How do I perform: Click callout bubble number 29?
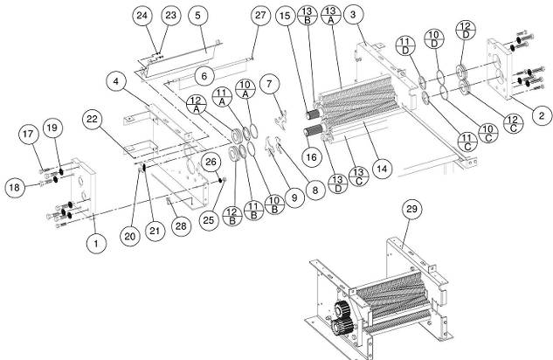(x=411, y=210)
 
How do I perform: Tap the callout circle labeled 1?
(x=95, y=245)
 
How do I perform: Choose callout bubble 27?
(x=259, y=16)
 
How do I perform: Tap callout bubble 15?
(x=285, y=15)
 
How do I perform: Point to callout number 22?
(x=95, y=118)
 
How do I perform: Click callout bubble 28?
(x=181, y=226)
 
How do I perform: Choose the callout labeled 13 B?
(x=308, y=15)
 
